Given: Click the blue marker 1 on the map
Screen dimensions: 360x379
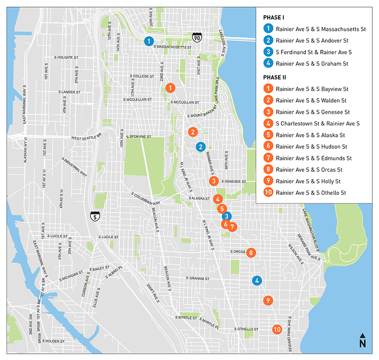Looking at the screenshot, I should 149,41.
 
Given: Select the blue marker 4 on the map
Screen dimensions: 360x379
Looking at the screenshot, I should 257,280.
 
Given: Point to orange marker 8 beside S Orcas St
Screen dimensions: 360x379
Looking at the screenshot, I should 251,253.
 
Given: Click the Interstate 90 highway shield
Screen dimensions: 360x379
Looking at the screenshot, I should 197,37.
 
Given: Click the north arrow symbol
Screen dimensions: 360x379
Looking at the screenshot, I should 362,342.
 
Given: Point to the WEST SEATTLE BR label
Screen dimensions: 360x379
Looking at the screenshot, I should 87,138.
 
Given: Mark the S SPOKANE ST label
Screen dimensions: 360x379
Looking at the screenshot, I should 136,137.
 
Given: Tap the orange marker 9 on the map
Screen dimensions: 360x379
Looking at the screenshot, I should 268,300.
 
